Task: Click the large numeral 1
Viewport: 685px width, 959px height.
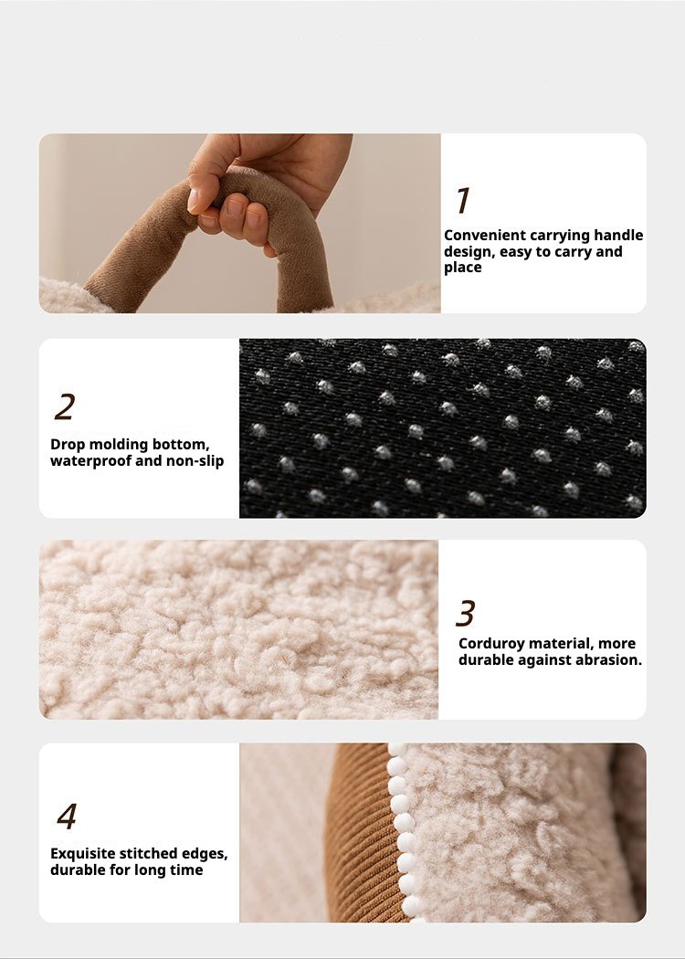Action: pyautogui.click(x=464, y=200)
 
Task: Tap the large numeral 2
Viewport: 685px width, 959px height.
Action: pyautogui.click(x=65, y=406)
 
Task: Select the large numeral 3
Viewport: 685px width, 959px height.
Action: pyautogui.click(x=466, y=613)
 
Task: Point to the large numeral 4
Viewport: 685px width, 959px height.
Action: pyautogui.click(x=67, y=816)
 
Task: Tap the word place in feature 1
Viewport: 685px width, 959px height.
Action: pyautogui.click(x=463, y=268)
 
